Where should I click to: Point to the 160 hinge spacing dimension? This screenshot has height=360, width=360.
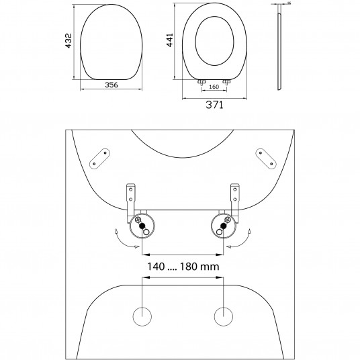[214, 86]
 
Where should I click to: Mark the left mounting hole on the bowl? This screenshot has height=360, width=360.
[143, 316]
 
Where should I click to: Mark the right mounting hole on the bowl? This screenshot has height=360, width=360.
[223, 316]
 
